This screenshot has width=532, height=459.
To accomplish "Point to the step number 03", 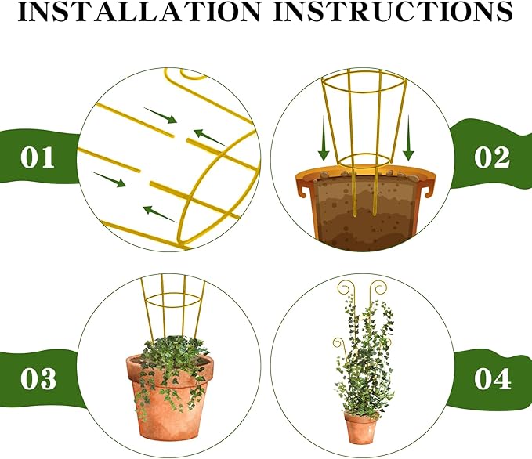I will click(38, 380).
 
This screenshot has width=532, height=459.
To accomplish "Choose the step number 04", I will click(493, 380).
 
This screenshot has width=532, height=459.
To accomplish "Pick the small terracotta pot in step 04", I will click(361, 428).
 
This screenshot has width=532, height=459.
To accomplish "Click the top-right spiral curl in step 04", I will click(379, 287).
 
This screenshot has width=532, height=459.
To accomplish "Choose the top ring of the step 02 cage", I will click(364, 80).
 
